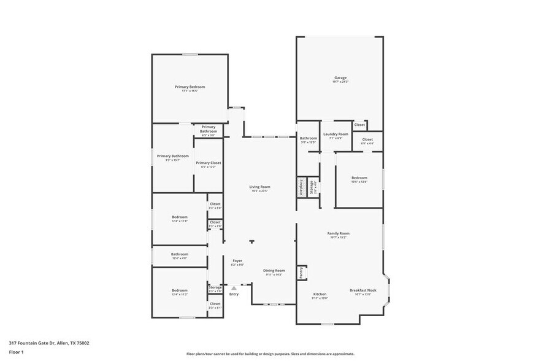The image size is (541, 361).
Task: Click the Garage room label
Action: [x=340, y=78]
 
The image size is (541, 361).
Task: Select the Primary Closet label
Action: [x=209, y=163]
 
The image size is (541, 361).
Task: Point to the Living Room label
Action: [x=259, y=187]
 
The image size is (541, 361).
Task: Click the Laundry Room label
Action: [x=336, y=134]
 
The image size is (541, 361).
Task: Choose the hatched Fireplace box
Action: [x=301, y=187]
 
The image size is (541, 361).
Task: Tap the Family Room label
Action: [x=338, y=233]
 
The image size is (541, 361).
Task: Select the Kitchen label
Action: [x=320, y=294]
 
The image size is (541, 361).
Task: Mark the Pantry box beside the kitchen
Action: [x=301, y=273]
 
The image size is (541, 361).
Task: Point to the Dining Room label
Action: [x=274, y=270]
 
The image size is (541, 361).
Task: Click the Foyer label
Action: [x=237, y=260]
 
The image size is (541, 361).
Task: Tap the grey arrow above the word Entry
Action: [x=234, y=287]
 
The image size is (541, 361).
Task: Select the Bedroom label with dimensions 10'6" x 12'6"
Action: [x=359, y=177]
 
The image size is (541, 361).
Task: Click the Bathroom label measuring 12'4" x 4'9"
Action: [x=180, y=254]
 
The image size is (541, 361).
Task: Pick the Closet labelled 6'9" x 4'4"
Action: [x=367, y=139]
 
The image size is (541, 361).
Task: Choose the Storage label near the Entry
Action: [x=215, y=287]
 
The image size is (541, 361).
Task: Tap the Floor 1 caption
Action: [x=16, y=352]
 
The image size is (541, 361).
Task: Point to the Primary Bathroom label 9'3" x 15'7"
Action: [x=172, y=156]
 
